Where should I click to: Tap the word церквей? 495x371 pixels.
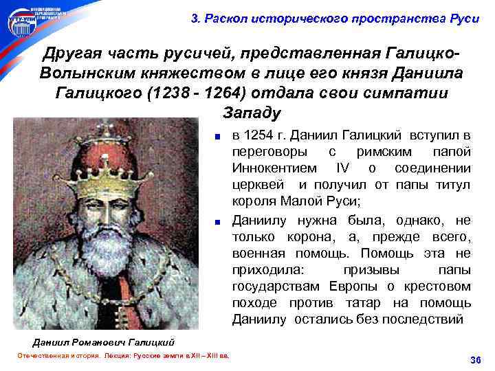click(x=258, y=185)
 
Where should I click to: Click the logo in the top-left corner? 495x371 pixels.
click(x=22, y=21)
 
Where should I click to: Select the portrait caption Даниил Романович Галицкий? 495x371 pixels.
click(x=103, y=341)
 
